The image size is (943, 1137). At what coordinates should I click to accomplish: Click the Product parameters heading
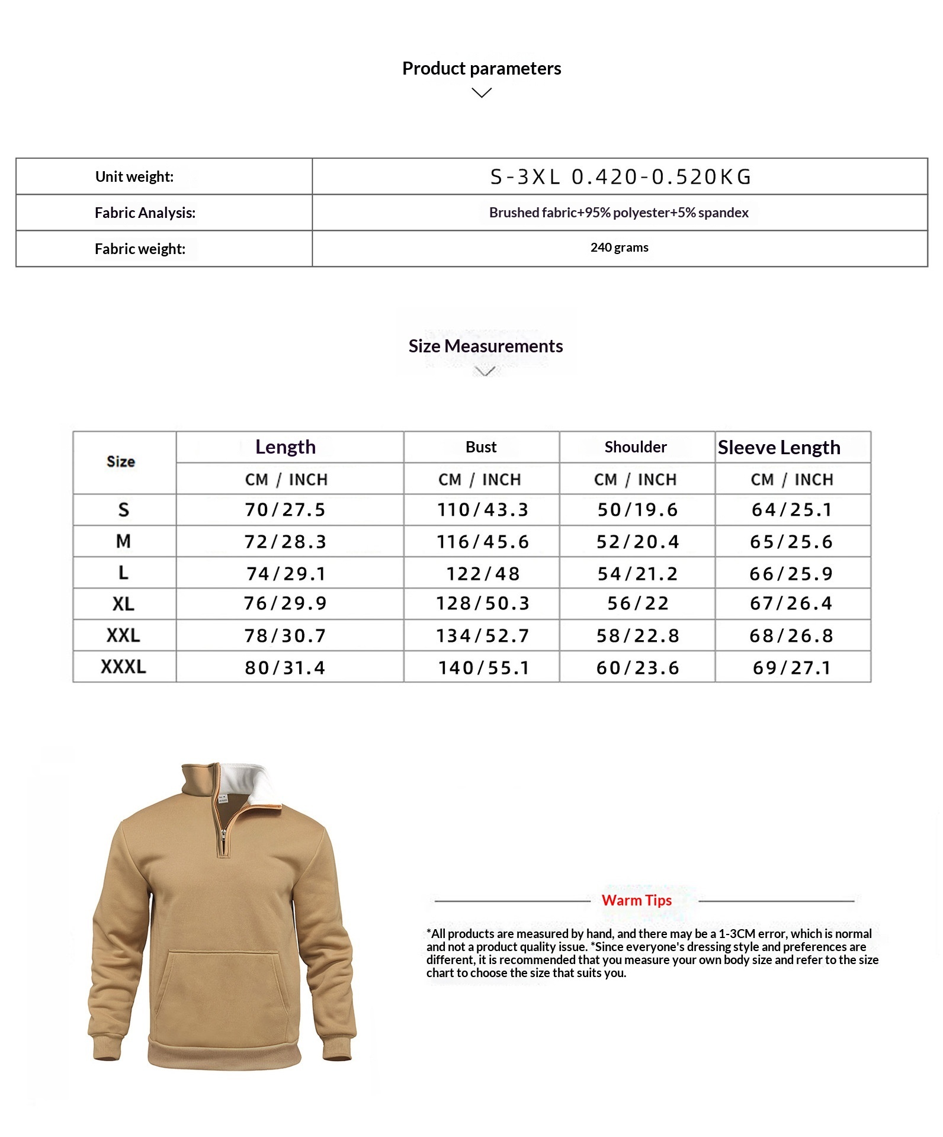click(x=481, y=69)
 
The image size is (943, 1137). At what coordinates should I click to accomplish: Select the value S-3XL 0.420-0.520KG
click(x=620, y=176)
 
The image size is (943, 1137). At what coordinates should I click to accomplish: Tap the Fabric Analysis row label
click(x=145, y=213)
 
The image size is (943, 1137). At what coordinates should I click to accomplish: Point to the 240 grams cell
click(x=619, y=248)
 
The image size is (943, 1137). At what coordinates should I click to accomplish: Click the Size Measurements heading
click(x=485, y=346)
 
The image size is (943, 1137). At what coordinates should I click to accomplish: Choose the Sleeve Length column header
click(x=778, y=447)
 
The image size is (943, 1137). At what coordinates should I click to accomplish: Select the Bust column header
click(x=481, y=447)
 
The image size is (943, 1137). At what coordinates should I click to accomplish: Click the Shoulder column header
click(x=636, y=447)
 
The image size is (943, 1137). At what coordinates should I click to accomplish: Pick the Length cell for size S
click(x=286, y=510)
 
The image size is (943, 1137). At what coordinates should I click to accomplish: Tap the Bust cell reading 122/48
click(x=483, y=573)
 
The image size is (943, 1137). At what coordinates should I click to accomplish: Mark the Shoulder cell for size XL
click(x=638, y=603)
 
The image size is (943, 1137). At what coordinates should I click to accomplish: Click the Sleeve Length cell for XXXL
click(x=792, y=667)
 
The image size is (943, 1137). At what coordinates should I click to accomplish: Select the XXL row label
click(x=123, y=635)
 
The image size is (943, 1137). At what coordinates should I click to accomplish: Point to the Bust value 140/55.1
click(x=483, y=667)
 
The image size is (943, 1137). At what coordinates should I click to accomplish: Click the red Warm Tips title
click(x=636, y=900)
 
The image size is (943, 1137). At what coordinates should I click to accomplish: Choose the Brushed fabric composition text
click(x=618, y=213)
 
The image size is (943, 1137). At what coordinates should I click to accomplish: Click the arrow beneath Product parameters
click(x=482, y=93)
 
